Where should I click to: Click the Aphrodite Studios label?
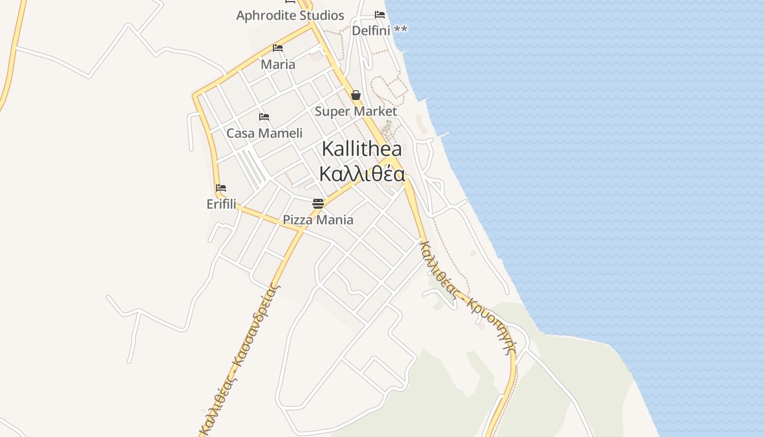pyautogui.click(x=290, y=15)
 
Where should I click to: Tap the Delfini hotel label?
pyautogui.click(x=371, y=31)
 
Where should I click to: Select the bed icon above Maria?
pyautogui.click(x=278, y=48)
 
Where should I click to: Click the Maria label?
pyautogui.click(x=278, y=64)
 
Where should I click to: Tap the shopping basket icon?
pyautogui.click(x=356, y=96)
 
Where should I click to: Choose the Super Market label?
pyautogui.click(x=356, y=111)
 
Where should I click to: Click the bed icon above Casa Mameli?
pyautogui.click(x=264, y=117)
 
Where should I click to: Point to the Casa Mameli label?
pyautogui.click(x=264, y=133)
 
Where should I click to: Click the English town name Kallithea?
pyautogui.click(x=362, y=149)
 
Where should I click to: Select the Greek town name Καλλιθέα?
pyautogui.click(x=362, y=174)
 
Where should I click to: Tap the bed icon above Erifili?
pyautogui.click(x=221, y=188)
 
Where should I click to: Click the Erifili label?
pyautogui.click(x=221, y=204)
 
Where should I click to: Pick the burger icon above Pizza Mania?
pyautogui.click(x=318, y=204)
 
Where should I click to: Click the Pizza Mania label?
pyautogui.click(x=318, y=220)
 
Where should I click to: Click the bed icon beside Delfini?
pyautogui.click(x=380, y=15)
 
